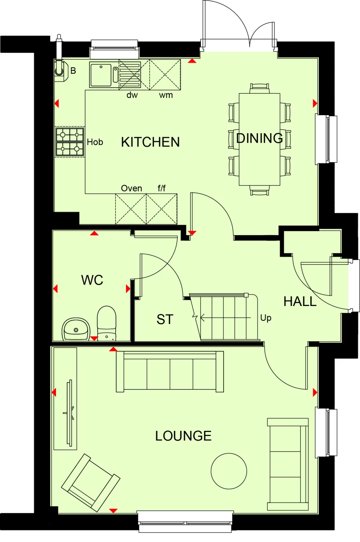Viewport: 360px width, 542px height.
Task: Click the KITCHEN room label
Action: (x=150, y=142)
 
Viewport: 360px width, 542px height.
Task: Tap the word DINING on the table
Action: (x=260, y=138)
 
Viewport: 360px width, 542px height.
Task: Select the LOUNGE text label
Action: (x=183, y=436)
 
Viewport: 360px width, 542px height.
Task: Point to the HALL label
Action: (x=300, y=301)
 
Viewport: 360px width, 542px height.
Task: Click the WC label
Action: (x=92, y=280)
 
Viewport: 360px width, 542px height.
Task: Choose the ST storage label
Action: (x=165, y=319)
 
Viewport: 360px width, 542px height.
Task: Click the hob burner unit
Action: (x=70, y=142)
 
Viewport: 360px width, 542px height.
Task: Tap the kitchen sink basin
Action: (x=101, y=75)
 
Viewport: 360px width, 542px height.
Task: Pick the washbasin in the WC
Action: (x=76, y=329)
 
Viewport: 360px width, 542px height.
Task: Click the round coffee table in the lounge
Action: (x=229, y=471)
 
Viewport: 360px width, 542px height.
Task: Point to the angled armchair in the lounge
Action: (x=90, y=482)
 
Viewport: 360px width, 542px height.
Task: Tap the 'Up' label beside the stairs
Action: (x=266, y=318)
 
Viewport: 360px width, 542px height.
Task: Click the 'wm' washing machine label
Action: (x=166, y=95)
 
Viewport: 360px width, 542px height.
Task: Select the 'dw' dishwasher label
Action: (x=132, y=95)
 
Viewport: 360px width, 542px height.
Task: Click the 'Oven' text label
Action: (x=131, y=188)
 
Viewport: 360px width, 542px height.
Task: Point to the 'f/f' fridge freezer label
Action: (x=162, y=188)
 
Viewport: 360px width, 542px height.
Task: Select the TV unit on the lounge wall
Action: (x=65, y=398)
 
